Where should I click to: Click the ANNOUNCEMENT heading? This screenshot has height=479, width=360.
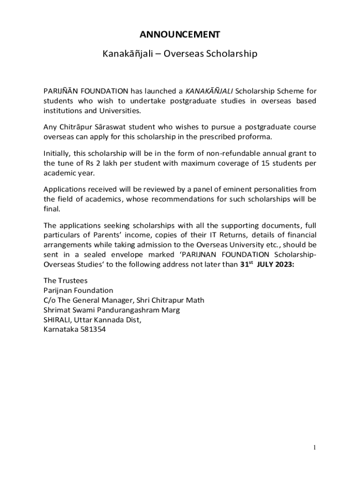[180, 34]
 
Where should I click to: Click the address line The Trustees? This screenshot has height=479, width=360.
[65, 281]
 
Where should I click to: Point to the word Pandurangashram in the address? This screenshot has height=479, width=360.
[126, 310]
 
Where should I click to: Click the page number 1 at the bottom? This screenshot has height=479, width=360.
[315, 448]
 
